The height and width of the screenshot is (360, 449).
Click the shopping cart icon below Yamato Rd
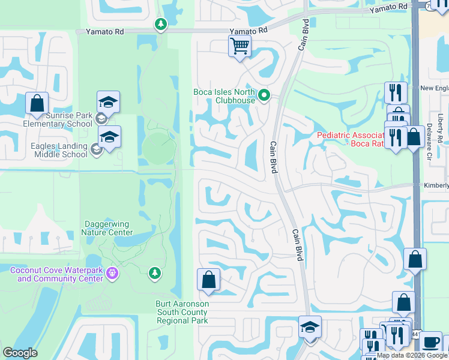click(x=240, y=45)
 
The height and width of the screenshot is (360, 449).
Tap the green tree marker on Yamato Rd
click(x=160, y=25)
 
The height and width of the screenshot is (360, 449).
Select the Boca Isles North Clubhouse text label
click(x=224, y=96)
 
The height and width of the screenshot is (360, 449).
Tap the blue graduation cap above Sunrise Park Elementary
click(x=109, y=102)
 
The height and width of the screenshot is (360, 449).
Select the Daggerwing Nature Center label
click(x=107, y=228)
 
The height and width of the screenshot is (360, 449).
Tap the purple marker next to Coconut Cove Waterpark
click(x=112, y=274)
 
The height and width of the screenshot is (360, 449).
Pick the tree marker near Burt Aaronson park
click(x=155, y=274)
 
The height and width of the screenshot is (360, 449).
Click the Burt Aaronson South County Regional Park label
click(x=182, y=312)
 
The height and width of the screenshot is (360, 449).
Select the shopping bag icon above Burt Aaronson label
click(x=208, y=280)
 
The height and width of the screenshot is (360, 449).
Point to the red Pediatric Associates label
click(x=351, y=139)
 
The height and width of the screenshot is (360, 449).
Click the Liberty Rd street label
click(x=440, y=128)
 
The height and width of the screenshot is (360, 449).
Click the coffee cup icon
click(x=430, y=343)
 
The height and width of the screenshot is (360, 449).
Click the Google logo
click(x=20, y=353)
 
